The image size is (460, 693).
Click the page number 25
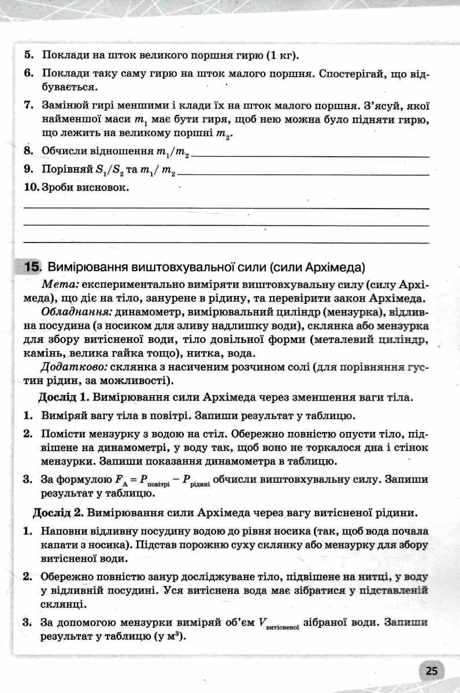coord(432,671)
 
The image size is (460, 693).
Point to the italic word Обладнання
coord(76,313)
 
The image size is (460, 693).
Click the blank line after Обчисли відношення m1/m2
coord(312,155)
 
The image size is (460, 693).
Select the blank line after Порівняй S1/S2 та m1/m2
coord(304,173)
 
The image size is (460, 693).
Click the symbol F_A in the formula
coord(122,479)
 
